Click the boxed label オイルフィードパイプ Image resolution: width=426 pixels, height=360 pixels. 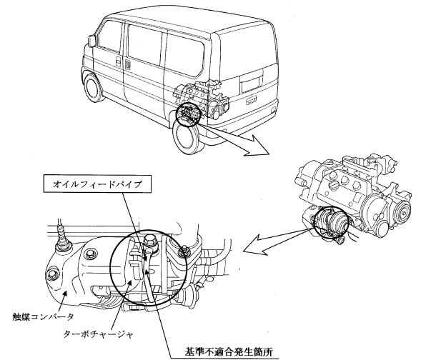pyautogui.click(x=97, y=184)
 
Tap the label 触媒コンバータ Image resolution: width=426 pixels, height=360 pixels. pyautogui.click(x=43, y=316)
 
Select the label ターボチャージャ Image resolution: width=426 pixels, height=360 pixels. pyautogui.click(x=99, y=334)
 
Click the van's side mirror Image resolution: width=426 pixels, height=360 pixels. pyautogui.click(x=92, y=41)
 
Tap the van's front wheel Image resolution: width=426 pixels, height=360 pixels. pyautogui.click(x=93, y=87)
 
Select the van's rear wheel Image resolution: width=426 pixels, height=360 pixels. pyautogui.click(x=187, y=138)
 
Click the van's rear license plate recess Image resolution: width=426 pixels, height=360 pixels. pyautogui.click(x=252, y=81)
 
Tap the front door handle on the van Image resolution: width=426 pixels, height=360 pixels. pyautogui.click(x=118, y=62)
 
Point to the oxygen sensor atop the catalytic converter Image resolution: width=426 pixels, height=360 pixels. pyautogui.click(x=63, y=236)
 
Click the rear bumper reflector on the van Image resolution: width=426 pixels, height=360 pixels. pyautogui.click(x=273, y=110)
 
